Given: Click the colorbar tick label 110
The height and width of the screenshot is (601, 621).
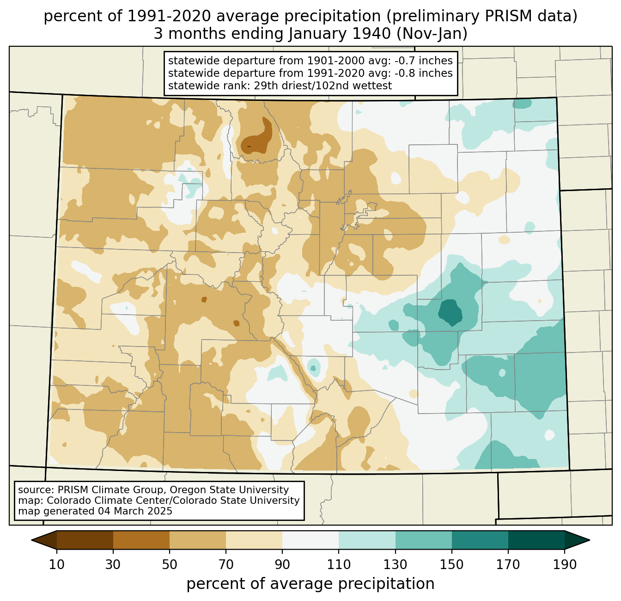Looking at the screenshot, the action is pyautogui.click(x=339, y=564).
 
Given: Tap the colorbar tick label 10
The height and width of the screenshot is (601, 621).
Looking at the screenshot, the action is pyautogui.click(x=56, y=564).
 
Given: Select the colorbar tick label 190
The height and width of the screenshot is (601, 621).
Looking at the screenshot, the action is pyautogui.click(x=565, y=564).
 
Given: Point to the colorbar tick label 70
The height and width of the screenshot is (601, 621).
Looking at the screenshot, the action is pyautogui.click(x=226, y=564).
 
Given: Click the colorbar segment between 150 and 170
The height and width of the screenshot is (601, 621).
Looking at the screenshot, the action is pyautogui.click(x=480, y=540).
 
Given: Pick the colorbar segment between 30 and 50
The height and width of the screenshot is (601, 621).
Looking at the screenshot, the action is pyautogui.click(x=141, y=540).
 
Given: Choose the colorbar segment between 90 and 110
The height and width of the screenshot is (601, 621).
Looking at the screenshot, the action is pyautogui.click(x=310, y=540).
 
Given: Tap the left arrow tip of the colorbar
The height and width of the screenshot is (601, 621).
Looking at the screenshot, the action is pyautogui.click(x=31, y=540).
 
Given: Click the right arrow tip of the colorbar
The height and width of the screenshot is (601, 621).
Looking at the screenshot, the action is pyautogui.click(x=590, y=540).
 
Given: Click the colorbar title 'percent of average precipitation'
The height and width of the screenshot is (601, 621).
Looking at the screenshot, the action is pyautogui.click(x=310, y=584).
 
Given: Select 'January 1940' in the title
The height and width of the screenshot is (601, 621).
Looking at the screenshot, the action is pyautogui.click(x=339, y=34).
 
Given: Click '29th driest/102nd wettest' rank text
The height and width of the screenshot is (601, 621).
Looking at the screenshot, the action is pyautogui.click(x=323, y=86).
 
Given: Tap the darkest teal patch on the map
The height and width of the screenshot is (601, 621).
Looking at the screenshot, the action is pyautogui.click(x=450, y=312).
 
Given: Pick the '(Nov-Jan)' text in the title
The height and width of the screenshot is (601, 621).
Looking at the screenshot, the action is pyautogui.click(x=432, y=34).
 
